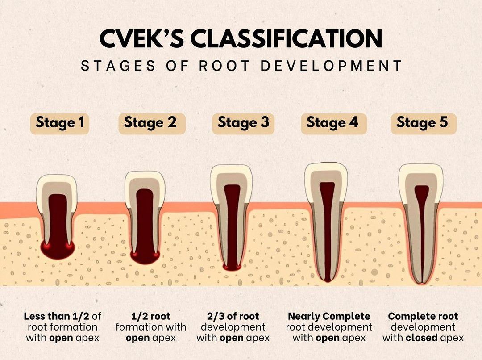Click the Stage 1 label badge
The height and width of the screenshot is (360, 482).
pos(60,123)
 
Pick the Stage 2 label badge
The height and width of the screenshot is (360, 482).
pos(152,123)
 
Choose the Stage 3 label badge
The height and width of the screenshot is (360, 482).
pos(243,123)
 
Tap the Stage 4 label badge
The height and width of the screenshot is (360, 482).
pos(334,123)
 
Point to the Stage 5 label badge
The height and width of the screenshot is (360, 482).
pos(424,123)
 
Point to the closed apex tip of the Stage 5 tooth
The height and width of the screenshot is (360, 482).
pos(422,282)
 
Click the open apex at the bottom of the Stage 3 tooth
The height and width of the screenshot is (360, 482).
pos(232,267)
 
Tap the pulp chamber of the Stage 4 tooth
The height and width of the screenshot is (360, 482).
pos(327,197)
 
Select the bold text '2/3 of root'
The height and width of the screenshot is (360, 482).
pos(233,316)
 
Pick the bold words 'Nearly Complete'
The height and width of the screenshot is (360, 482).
pos(329,316)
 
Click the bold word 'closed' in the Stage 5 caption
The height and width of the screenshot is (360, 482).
pos(421,338)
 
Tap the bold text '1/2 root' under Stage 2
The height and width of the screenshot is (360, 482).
pos(151,316)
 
